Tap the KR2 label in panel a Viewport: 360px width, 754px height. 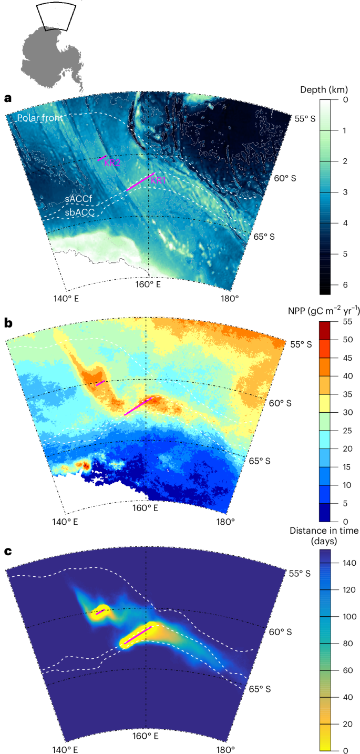pyautogui.click(x=112, y=163)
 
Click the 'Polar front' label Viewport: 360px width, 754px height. pyautogui.click(x=40, y=118)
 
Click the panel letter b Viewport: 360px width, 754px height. pyautogui.click(x=8, y=323)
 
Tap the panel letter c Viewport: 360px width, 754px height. pyautogui.click(x=8, y=551)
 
